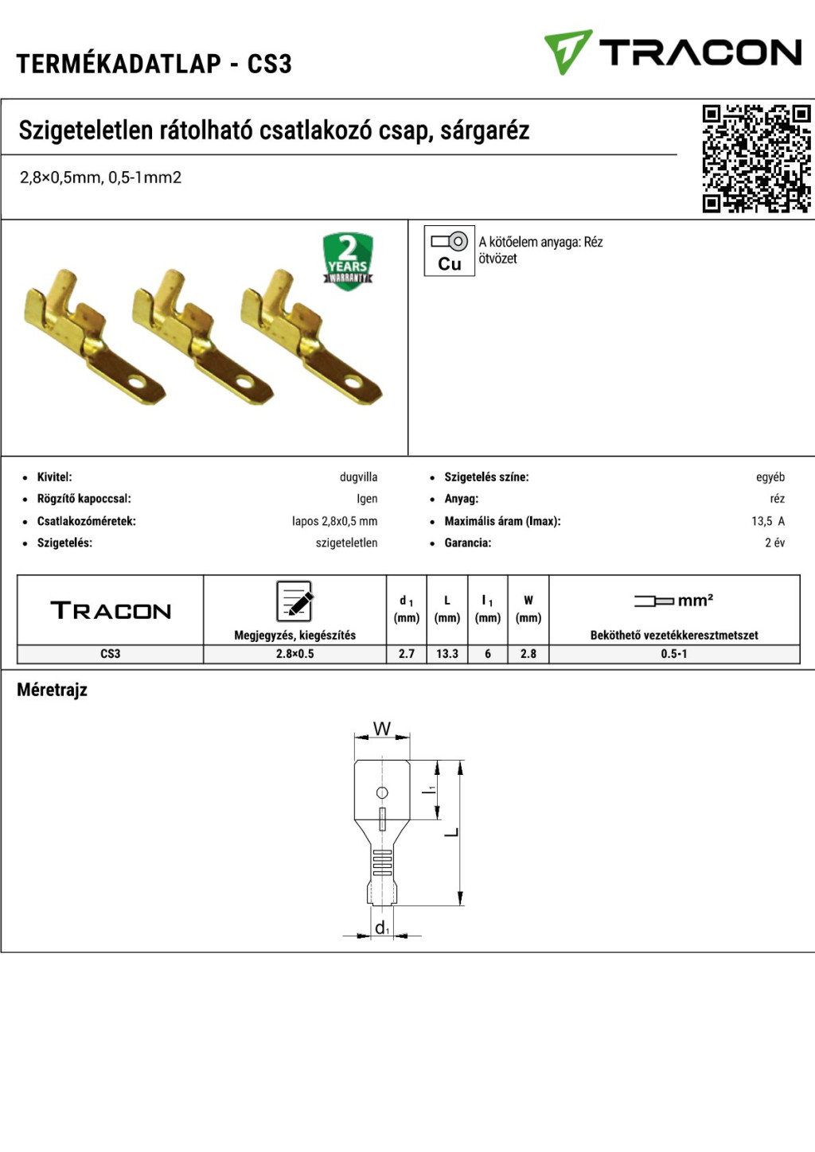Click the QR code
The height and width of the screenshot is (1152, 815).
coord(757,158)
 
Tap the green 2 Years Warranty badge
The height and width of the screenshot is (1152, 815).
coord(348,261)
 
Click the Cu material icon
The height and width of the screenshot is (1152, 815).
coord(449,251)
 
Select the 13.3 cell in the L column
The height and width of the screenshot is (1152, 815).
coord(446,654)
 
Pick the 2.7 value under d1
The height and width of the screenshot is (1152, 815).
coord(406,654)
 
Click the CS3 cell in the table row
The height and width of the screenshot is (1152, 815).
coord(110,654)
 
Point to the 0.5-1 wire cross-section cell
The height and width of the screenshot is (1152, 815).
coord(674,654)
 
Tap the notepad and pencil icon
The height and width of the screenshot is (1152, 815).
coord(294,601)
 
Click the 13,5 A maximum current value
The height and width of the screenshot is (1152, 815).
coord(768,521)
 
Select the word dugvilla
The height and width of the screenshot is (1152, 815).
coord(359,477)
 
